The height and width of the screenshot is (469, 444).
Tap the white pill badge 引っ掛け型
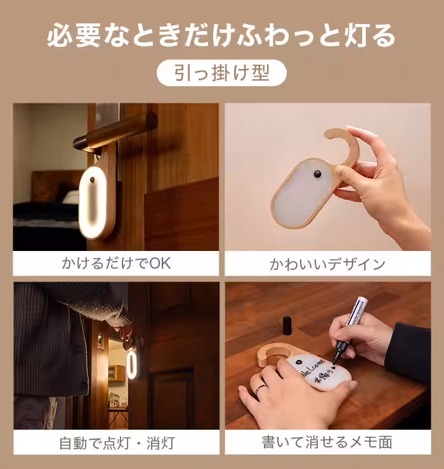click(221, 73)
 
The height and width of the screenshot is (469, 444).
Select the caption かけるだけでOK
click(116, 263)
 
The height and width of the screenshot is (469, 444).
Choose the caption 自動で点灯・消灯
click(116, 442)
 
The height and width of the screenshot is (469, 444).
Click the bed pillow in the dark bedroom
click(70, 197)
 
